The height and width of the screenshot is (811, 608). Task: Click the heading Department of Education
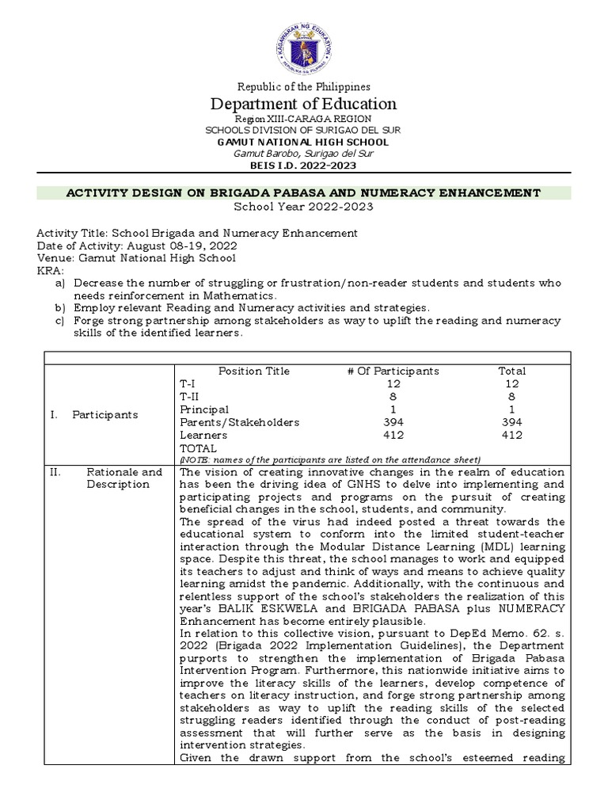pos(304,104)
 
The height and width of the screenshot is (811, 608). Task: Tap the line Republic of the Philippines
pos(304,86)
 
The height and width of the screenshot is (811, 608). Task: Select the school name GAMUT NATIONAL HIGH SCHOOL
pos(304,142)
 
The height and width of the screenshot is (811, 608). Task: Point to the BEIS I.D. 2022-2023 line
pos(304,165)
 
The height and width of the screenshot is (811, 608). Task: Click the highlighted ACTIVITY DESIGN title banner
pos(304,192)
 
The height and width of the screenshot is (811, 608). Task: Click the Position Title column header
pos(254,371)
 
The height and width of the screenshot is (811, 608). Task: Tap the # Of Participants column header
pos(393,371)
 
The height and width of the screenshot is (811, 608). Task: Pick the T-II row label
pos(190,396)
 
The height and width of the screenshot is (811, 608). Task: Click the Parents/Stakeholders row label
pos(229,422)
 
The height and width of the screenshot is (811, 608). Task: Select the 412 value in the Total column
pos(511,435)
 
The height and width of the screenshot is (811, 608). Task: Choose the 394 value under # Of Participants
pos(393,422)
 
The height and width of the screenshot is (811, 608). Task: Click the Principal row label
pos(204,409)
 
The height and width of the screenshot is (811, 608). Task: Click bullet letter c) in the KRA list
pos(60,320)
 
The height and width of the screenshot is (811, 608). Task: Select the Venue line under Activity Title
pos(136,258)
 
